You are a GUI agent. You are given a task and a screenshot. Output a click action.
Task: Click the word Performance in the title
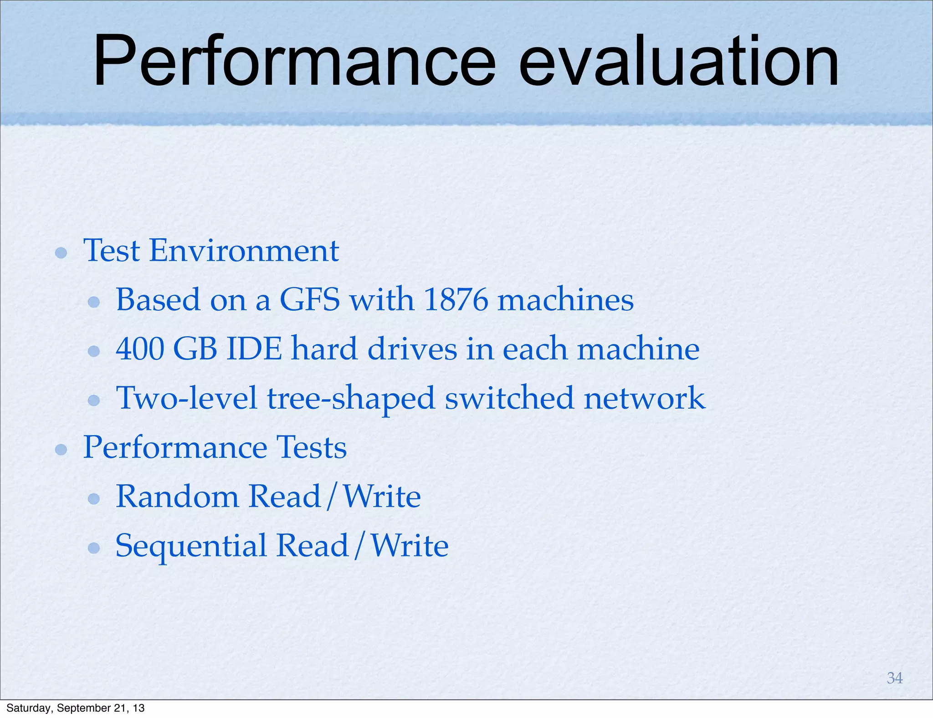pos(294,62)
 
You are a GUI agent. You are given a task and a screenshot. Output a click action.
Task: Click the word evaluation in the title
pos(679,62)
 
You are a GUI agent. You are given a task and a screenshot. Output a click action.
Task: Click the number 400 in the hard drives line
pos(139,349)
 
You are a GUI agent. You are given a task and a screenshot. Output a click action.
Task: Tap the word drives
pos(412,349)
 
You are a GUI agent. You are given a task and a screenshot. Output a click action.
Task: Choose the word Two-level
pos(187,398)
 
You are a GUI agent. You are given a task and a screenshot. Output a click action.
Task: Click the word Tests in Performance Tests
pos(312,447)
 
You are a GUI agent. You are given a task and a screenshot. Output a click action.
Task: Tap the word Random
pos(178,497)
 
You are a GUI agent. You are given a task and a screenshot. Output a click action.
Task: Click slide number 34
pos(895,678)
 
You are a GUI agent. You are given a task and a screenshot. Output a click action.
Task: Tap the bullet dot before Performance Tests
pos(61,450)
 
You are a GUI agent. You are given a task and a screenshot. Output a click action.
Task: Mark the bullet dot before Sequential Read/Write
pos(94,548)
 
